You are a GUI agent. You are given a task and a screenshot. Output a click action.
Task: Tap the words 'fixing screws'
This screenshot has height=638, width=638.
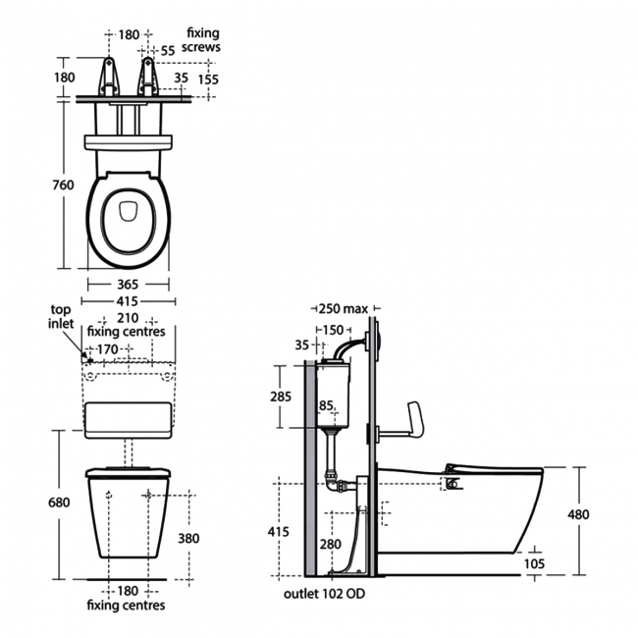pyautogui.click(x=202, y=40)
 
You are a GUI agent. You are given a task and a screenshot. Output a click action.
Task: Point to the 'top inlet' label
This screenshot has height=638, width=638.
pyautogui.click(x=61, y=317)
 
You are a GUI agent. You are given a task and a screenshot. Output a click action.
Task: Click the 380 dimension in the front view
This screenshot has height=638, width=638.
pyautogui.click(x=188, y=538)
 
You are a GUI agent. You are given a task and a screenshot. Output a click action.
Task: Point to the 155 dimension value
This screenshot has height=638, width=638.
pyautogui.click(x=207, y=80)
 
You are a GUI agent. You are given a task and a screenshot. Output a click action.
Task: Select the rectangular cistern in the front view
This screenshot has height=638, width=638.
pyautogui.click(x=131, y=419)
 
